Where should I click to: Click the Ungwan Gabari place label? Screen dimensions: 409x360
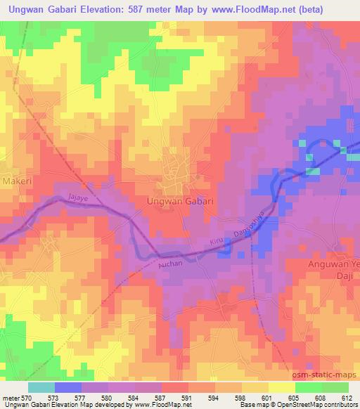179,201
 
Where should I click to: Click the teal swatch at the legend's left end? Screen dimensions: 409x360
41,387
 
